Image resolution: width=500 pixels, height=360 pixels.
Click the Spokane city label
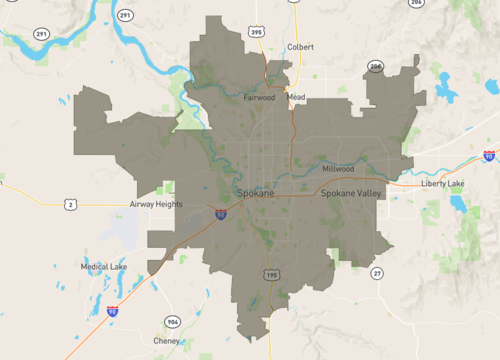coord(257,191)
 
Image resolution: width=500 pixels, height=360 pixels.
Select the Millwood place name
coord(338,169)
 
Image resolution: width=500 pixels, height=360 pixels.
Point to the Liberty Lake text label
coord(442,184)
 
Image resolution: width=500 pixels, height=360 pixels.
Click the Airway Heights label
coord(156,203)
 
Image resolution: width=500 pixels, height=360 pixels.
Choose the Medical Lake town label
coord(103,267)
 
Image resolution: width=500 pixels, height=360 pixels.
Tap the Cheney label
coord(167,340)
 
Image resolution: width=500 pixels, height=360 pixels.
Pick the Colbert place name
coord(300,47)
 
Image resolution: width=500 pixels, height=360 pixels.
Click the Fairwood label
coord(259,98)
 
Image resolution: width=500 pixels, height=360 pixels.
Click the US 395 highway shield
coord(257,33)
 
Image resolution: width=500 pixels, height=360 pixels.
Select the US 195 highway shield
coord(271,273)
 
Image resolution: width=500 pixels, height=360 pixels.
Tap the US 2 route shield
coord(70,205)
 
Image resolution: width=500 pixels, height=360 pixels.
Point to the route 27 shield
coord(376,273)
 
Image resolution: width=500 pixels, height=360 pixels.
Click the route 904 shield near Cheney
coord(173,322)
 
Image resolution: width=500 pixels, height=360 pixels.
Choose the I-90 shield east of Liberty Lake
coord(488,156)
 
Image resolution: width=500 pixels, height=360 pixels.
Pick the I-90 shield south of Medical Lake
coord(113,312)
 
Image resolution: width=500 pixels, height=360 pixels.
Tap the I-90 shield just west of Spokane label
coord(220,213)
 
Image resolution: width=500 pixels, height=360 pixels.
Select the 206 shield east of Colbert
coord(376,67)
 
